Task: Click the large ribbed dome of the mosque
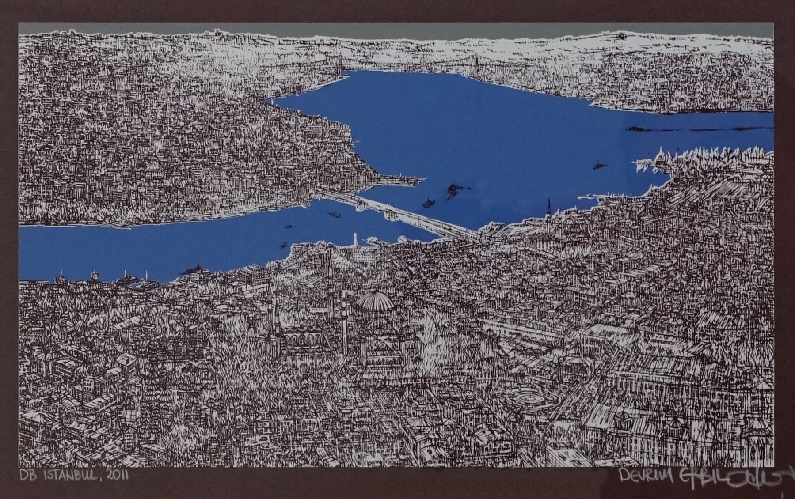point(375,302)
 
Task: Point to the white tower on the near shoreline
point(355,241)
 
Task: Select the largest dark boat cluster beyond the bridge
point(453,190)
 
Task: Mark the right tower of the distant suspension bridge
point(476,64)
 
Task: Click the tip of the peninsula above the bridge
point(418,179)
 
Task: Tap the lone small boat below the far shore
point(599,166)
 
